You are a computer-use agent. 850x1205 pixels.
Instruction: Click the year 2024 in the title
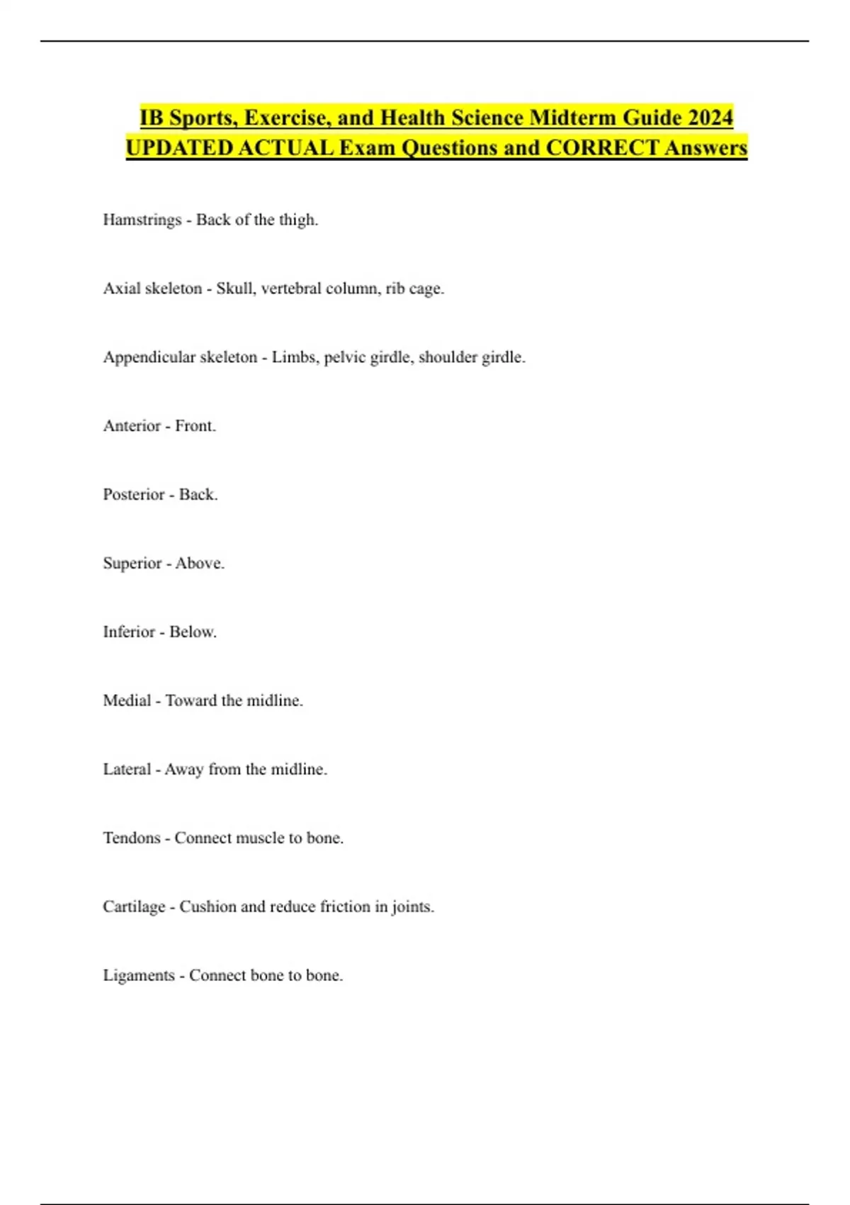[710, 117]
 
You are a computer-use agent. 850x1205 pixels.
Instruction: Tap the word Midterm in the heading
[569, 117]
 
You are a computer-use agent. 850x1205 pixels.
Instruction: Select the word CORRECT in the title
[601, 147]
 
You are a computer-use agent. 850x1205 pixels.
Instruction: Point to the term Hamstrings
[142, 220]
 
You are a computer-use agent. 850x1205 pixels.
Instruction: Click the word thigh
[297, 220]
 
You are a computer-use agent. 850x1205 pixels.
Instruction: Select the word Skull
[236, 288]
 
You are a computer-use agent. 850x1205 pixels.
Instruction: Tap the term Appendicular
[148, 357]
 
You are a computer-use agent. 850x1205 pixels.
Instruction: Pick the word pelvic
[344, 357]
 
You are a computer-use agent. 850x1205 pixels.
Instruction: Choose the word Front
[195, 426]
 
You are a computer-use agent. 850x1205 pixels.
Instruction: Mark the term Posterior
[134, 495]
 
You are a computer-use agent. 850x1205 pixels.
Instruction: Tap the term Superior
[132, 564]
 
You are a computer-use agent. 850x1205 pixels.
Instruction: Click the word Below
[193, 632]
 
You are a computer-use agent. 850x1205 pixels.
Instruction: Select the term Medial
[127, 701]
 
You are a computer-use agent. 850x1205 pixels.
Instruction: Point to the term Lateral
[127, 770]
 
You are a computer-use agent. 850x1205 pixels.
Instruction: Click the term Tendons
[132, 839]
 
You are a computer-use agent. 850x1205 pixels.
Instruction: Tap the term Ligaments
[138, 976]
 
